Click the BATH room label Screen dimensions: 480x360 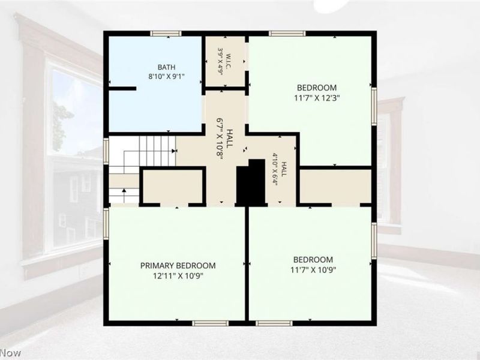click(167, 67)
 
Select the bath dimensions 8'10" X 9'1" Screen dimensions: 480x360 click(167, 77)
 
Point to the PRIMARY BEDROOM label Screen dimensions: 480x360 click(178, 265)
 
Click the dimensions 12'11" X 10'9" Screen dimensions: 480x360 click(178, 276)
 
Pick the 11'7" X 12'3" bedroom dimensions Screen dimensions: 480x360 click(317, 98)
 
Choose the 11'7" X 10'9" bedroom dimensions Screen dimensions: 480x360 click(313, 270)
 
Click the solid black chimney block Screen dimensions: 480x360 click(251, 182)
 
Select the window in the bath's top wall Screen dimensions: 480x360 click(166, 34)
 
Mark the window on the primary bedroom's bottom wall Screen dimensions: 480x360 click(211, 323)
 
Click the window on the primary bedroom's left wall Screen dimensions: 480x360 click(106, 223)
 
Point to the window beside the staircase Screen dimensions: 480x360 click(106, 151)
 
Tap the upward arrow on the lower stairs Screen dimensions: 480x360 click(124, 196)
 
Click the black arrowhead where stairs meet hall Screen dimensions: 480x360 click(174, 151)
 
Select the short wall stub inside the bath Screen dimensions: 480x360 click(122, 88)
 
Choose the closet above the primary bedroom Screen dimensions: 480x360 click(173, 186)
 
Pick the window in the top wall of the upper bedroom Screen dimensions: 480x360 click(287, 34)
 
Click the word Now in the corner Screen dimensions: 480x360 click(10, 353)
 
